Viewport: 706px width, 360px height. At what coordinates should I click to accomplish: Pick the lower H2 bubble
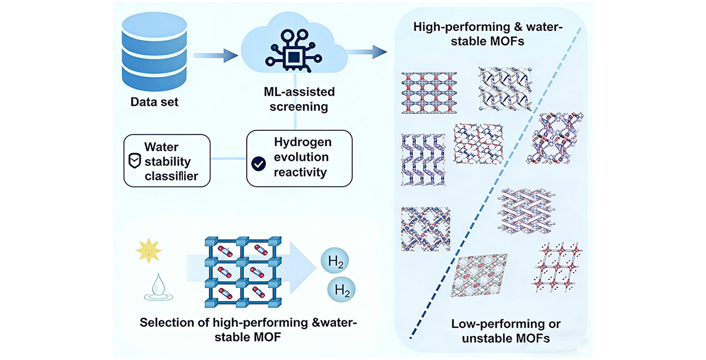[x=340, y=289]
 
